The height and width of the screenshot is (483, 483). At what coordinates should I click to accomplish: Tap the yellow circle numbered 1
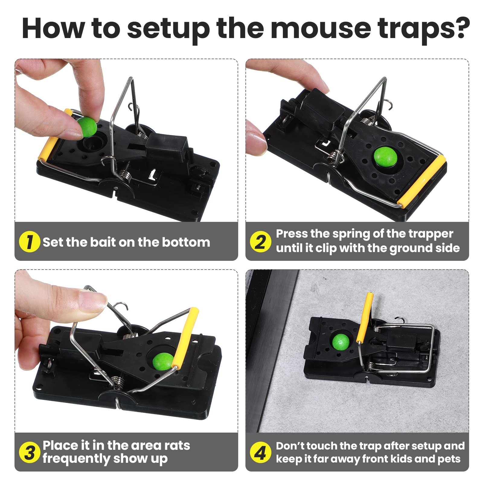pyautogui.click(x=29, y=242)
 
